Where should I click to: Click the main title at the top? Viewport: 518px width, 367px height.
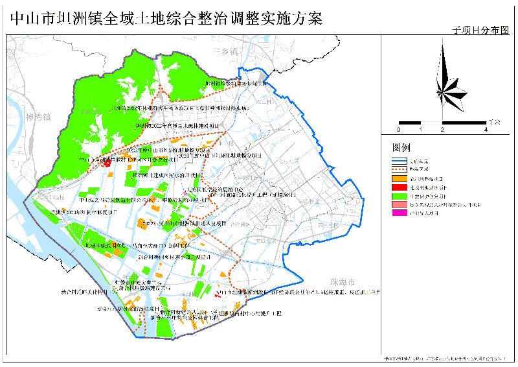click(166, 17)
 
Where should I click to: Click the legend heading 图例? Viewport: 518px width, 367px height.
click(401, 147)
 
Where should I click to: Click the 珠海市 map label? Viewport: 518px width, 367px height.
click(343, 283)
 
